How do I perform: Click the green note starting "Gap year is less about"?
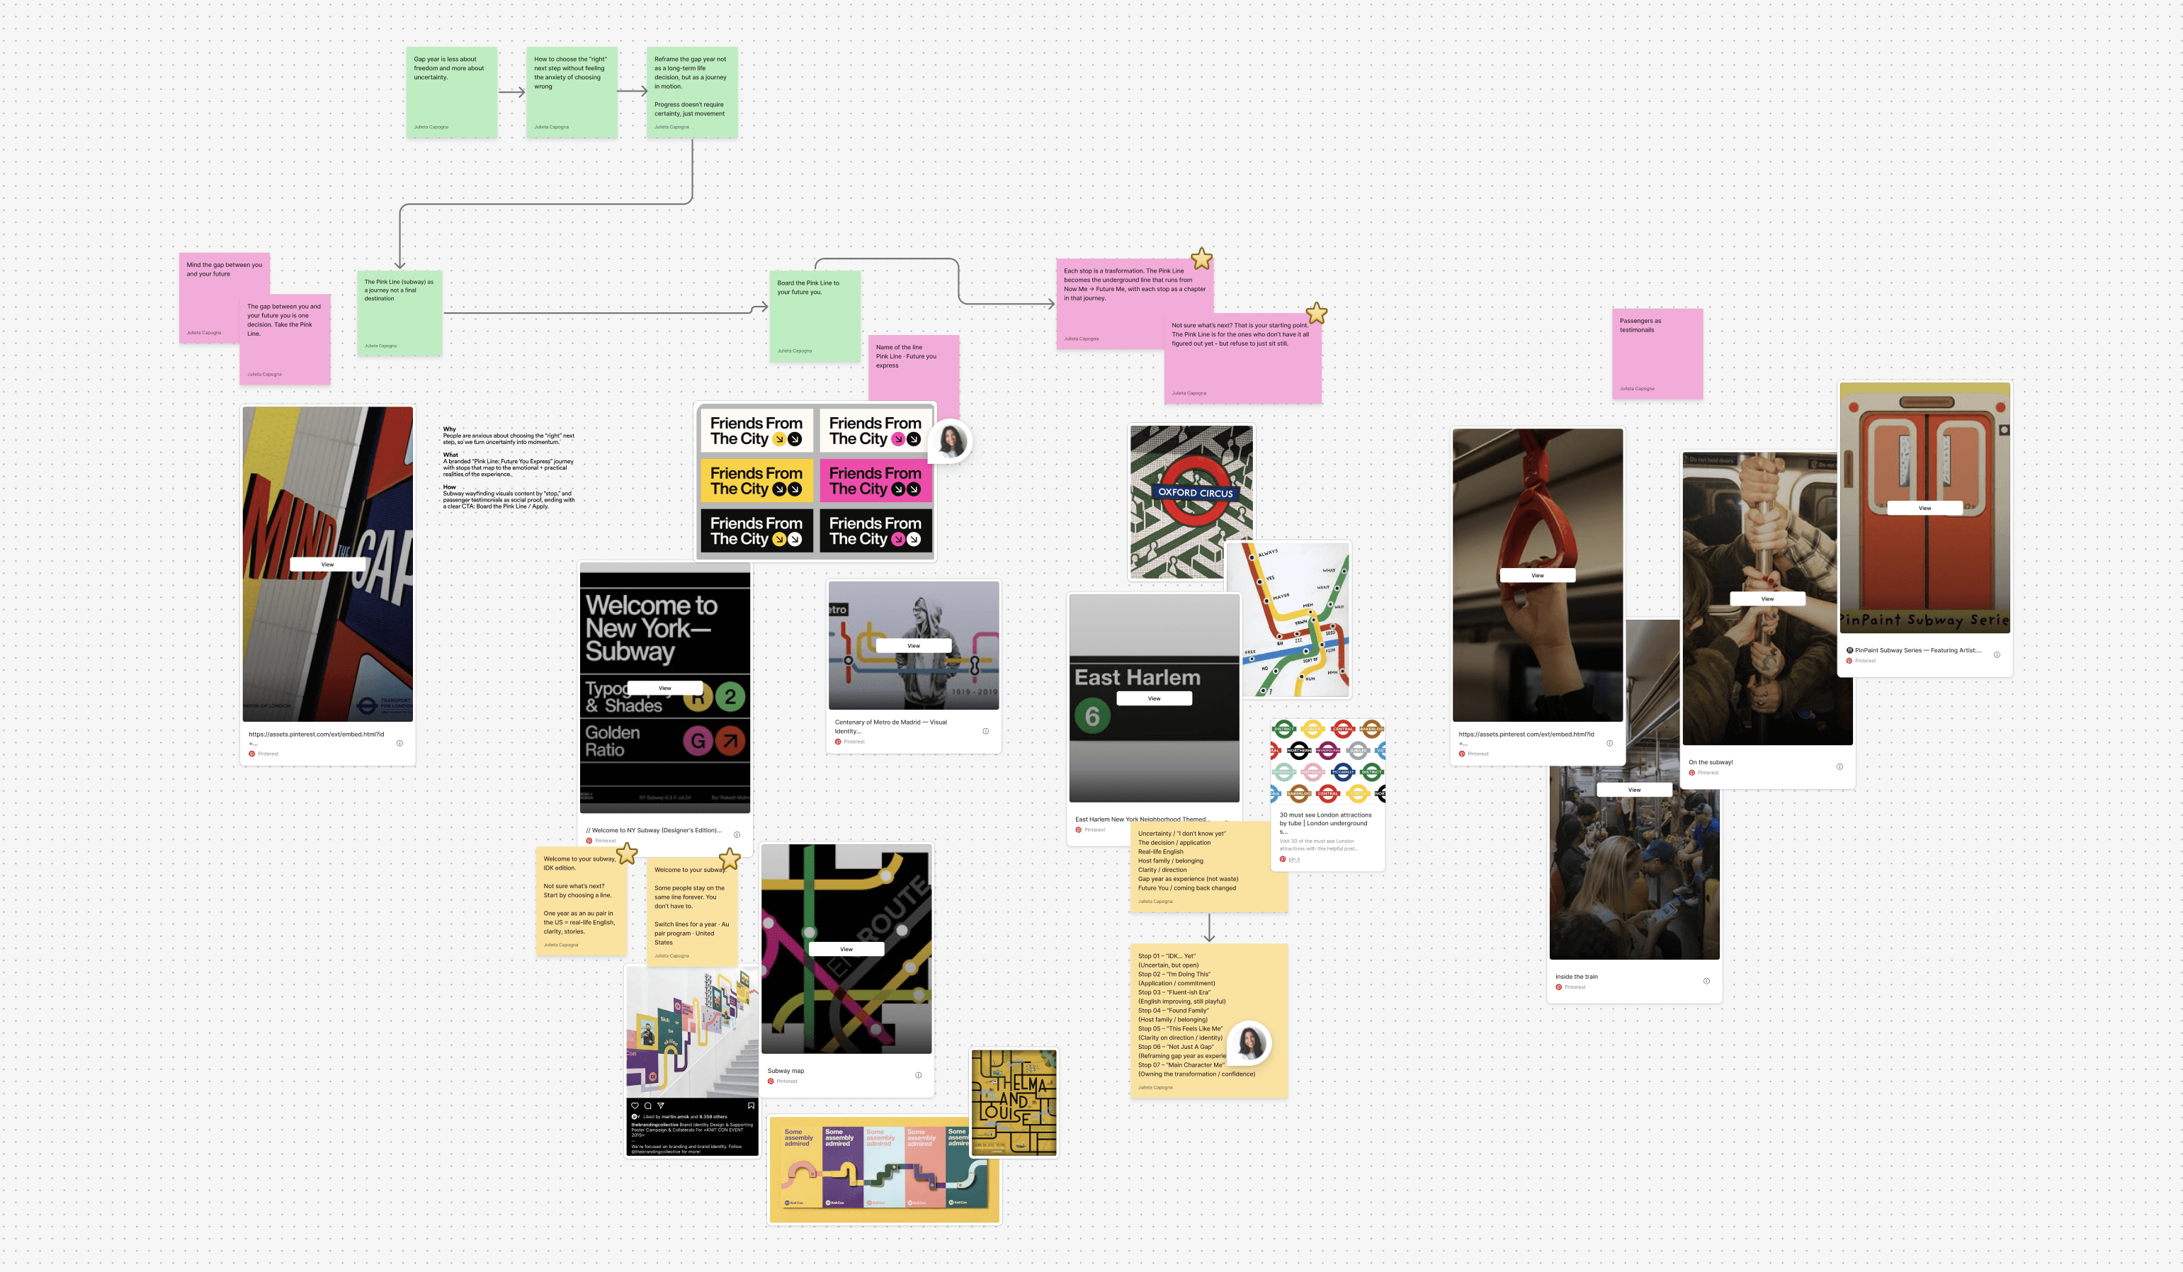pyautogui.click(x=450, y=92)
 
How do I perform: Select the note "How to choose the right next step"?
pyautogui.click(x=571, y=92)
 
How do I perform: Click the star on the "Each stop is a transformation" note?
pyautogui.click(x=1201, y=259)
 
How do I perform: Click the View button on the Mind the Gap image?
pyautogui.click(x=327, y=564)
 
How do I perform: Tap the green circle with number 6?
pyautogui.click(x=1091, y=716)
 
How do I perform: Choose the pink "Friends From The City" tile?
pyautogui.click(x=875, y=481)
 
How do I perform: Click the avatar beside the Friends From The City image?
pyautogui.click(x=951, y=441)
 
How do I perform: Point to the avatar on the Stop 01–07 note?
pyautogui.click(x=1249, y=1043)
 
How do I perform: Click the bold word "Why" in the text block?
pyautogui.click(x=450, y=429)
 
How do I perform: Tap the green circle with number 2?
pyautogui.click(x=730, y=696)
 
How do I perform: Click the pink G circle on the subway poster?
pyautogui.click(x=698, y=740)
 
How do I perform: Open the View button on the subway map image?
pyautogui.click(x=846, y=949)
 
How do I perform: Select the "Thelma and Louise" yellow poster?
pyautogui.click(x=1014, y=1102)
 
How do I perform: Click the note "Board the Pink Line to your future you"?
pyautogui.click(x=815, y=316)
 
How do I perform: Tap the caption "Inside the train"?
pyautogui.click(x=1576, y=977)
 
